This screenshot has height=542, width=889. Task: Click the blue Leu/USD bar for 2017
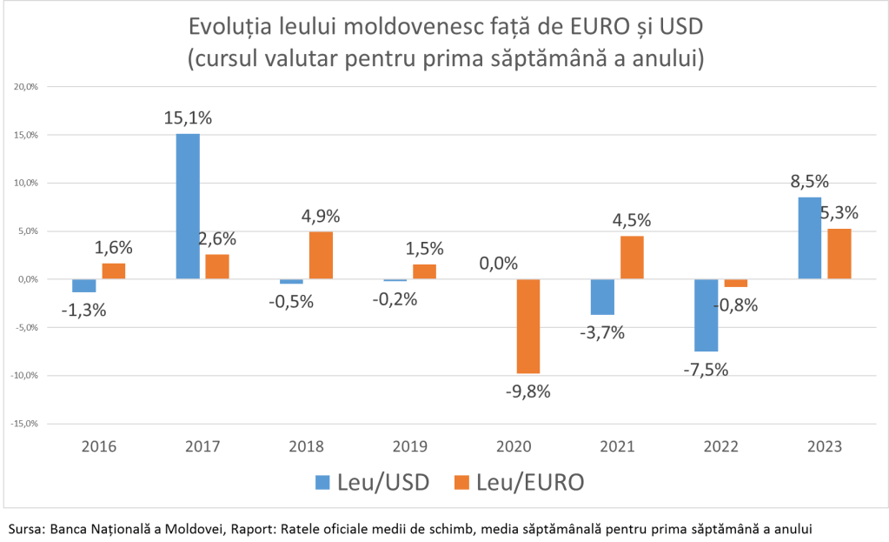pos(188,206)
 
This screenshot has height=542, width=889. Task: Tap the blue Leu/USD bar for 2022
pos(706,315)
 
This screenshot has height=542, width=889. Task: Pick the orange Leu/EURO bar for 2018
pos(321,255)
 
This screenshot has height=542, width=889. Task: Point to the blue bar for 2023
pos(809,238)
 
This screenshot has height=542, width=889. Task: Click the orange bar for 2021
pos(632,258)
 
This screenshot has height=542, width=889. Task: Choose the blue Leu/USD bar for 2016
pos(84,285)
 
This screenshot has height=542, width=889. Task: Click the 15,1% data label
pos(188,117)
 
